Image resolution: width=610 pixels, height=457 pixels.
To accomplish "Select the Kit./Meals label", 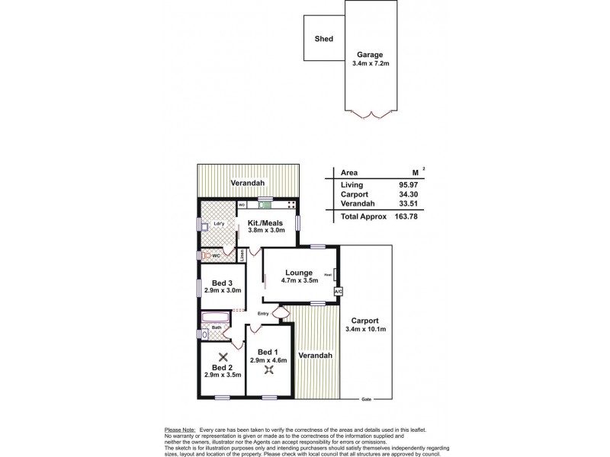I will [x=265, y=222].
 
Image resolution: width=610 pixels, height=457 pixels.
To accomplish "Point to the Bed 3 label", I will [x=222, y=283].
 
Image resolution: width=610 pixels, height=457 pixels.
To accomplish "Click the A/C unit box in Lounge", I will [x=338, y=292].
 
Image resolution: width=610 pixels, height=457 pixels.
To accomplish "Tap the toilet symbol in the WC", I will [x=205, y=256].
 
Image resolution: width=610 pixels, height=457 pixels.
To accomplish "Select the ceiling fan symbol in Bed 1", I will [x=269, y=370].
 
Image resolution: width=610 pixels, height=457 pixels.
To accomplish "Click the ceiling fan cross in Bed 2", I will [x=223, y=356].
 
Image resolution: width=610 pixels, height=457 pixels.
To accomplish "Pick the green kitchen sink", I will [x=265, y=204].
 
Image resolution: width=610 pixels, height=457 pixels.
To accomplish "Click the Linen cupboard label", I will [x=242, y=257].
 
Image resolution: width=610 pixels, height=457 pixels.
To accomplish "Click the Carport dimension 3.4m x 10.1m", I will [x=367, y=330].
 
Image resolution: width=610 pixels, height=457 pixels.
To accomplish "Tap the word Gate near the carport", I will [x=366, y=399].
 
